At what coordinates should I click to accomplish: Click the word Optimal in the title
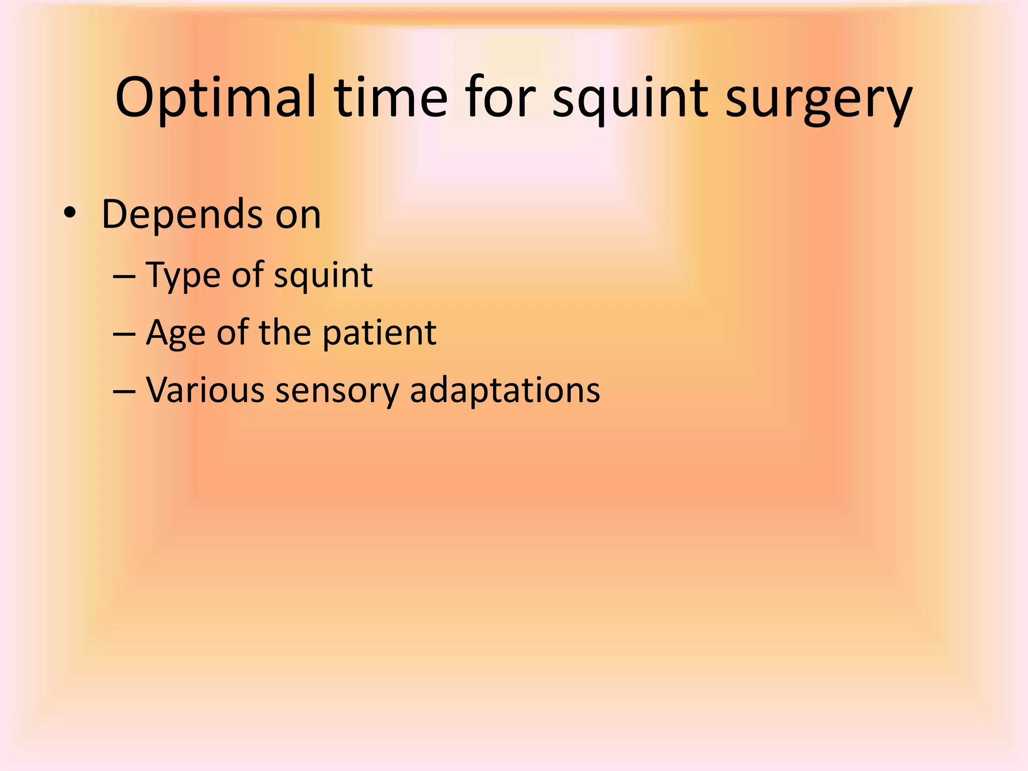216,98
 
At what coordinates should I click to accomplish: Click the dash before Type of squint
124,277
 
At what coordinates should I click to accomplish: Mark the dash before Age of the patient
124,334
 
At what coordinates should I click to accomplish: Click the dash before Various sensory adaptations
124,391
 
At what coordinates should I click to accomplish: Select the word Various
205,390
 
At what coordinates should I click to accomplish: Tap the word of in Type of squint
247,275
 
